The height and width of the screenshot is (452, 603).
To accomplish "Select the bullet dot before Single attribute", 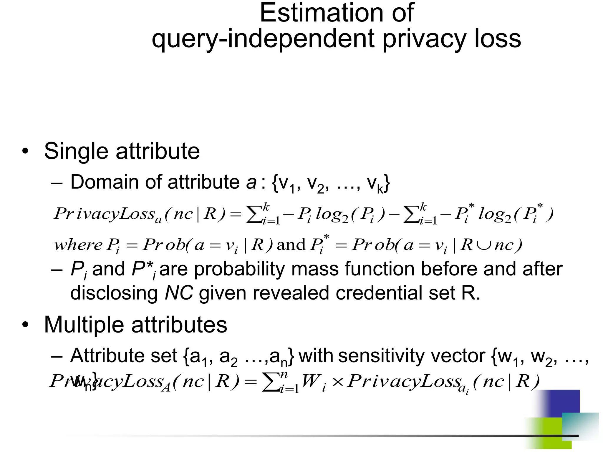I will point(26,151).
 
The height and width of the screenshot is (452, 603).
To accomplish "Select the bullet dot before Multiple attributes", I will point(26,325).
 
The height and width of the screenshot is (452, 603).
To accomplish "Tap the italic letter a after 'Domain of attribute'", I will point(251,183).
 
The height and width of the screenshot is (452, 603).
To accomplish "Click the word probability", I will point(239,270).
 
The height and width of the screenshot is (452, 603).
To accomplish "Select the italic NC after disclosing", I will point(179,293).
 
